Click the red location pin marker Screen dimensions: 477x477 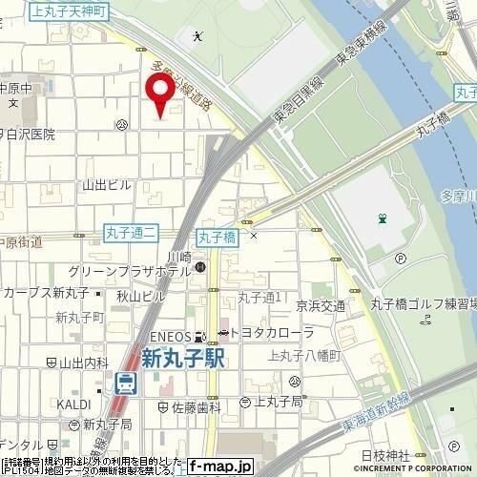(160, 96)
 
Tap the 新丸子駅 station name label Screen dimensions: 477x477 (187, 360)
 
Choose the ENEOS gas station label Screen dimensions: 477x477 (168, 335)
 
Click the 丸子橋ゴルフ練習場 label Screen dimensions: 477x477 (420, 304)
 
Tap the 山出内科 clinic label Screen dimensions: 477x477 (84, 363)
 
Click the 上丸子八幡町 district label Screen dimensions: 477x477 (306, 355)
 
